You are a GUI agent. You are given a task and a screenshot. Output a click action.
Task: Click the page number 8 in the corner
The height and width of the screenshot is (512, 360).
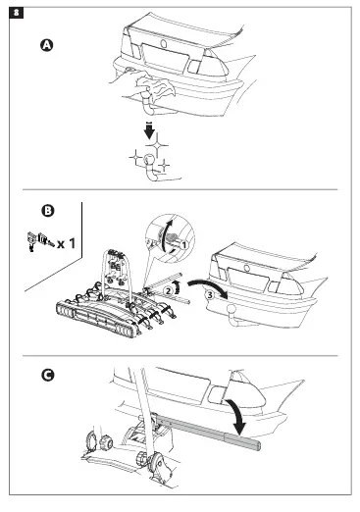(x=16, y=13)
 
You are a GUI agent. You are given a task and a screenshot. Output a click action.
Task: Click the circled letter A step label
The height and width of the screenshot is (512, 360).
(x=47, y=45)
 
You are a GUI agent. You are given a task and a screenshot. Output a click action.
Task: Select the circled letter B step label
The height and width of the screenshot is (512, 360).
(x=48, y=211)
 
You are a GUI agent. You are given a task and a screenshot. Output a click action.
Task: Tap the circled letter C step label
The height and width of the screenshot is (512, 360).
(x=48, y=375)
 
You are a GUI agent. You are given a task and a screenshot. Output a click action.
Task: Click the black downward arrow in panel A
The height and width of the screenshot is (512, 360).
(x=149, y=130)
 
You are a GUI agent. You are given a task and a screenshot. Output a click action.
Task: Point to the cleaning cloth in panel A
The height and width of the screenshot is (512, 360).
(x=154, y=85)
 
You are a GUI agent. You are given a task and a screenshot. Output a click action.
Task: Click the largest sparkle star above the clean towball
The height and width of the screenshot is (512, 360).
(x=157, y=145)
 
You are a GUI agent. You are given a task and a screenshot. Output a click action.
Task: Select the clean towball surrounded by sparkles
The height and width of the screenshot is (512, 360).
(x=150, y=160)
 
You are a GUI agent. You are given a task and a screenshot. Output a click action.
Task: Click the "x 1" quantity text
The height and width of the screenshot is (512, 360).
(x=66, y=243)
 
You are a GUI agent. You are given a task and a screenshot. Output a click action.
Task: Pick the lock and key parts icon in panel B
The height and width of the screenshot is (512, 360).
(x=38, y=241)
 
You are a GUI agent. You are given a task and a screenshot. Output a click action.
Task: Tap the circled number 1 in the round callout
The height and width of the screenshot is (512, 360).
(x=183, y=245)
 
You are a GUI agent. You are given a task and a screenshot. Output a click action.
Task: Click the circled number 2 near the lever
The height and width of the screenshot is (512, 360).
(x=168, y=290)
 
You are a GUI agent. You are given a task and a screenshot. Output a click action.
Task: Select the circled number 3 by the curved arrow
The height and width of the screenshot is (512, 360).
(x=210, y=295)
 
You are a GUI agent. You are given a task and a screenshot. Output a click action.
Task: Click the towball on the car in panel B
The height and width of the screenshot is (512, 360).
(x=231, y=309)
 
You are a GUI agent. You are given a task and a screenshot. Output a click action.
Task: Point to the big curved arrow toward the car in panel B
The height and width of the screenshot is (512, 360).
(x=209, y=284)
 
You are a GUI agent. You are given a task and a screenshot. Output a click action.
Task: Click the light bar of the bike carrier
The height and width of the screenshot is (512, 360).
(x=97, y=320)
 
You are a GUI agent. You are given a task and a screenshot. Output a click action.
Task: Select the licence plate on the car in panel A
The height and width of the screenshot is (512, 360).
(x=165, y=58)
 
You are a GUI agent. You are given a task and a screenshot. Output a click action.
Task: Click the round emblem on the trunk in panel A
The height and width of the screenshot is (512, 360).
(x=164, y=43)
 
